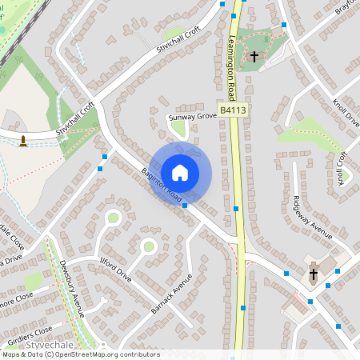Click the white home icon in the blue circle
(180, 172)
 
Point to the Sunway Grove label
(193, 117)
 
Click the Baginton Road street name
(162, 184)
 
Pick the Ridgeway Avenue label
(311, 215)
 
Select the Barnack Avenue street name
(172, 294)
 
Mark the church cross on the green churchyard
(255, 57)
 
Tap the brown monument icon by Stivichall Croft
(23, 141)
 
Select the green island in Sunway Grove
(178, 127)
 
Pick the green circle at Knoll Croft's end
(346, 174)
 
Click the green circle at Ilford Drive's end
(148, 246)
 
